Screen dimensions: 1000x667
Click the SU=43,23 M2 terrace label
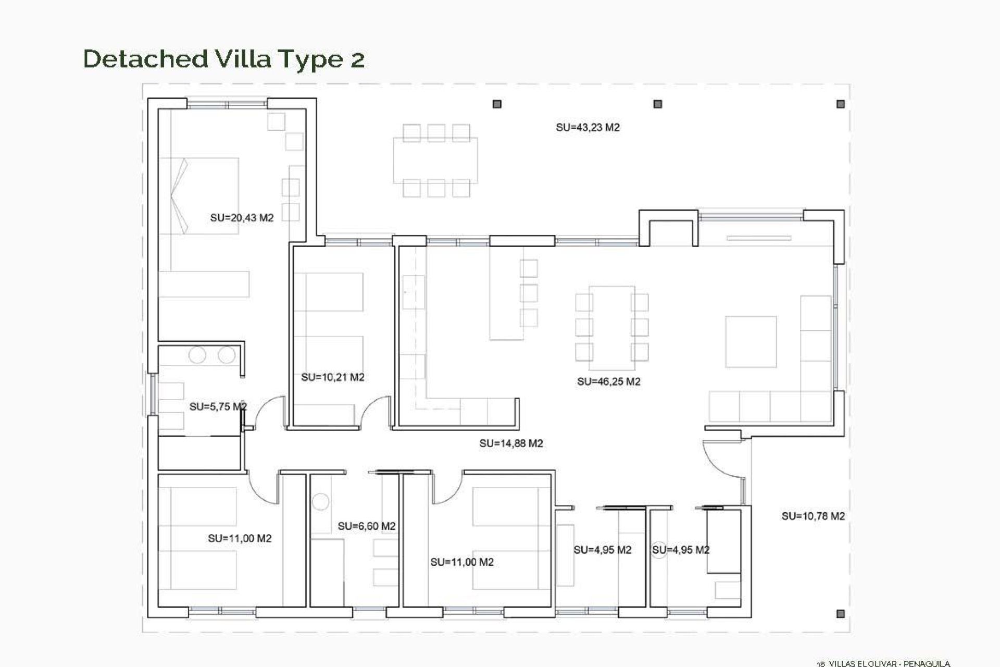click(x=587, y=127)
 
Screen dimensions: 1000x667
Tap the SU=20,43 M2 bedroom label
click(x=242, y=218)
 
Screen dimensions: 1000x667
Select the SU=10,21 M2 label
click(x=333, y=377)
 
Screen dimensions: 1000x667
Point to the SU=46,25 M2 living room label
click(x=608, y=381)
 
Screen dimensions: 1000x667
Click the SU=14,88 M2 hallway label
click(x=511, y=443)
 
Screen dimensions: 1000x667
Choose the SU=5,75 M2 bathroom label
click(x=218, y=406)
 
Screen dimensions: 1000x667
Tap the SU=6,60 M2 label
click(x=367, y=526)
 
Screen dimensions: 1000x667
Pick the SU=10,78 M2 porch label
click(x=813, y=516)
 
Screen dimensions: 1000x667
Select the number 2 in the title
click(x=357, y=59)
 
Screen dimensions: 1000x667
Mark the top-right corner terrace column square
click(x=840, y=104)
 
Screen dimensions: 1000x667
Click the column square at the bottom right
click(x=840, y=614)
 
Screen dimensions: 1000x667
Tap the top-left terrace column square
click(x=497, y=104)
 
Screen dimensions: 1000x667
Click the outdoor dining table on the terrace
click(x=435, y=160)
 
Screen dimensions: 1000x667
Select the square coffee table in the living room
click(x=751, y=341)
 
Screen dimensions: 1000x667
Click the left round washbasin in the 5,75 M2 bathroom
click(x=197, y=355)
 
